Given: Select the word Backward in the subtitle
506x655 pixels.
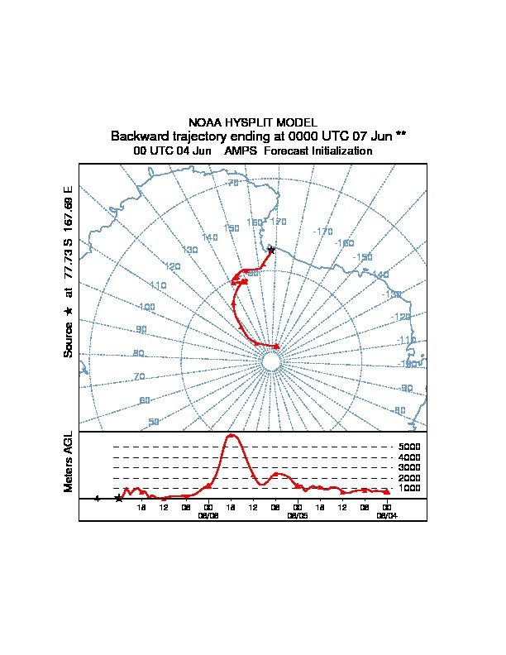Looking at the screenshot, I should click(138, 136).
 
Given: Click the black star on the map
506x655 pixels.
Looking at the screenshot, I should click(271, 251).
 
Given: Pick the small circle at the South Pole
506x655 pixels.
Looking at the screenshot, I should click(271, 362).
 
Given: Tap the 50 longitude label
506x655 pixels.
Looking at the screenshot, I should click(154, 422).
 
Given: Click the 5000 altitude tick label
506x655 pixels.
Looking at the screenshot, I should click(410, 447).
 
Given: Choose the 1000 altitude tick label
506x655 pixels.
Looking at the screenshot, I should click(410, 488).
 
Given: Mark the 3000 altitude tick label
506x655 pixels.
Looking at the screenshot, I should click(410, 467).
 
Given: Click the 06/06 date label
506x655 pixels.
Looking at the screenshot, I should click(208, 514).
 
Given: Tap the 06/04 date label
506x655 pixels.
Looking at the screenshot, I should click(386, 514).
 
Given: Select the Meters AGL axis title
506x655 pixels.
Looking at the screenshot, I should click(69, 462).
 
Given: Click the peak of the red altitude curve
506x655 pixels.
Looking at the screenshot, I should click(232, 435).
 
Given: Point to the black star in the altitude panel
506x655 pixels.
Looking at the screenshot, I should click(119, 499).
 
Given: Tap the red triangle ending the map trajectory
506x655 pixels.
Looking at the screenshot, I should click(277, 347).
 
